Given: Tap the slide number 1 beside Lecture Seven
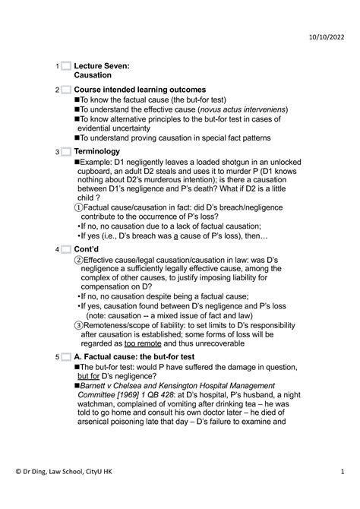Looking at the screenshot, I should point(58,67).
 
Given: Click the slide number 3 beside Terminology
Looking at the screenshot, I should point(58,153).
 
